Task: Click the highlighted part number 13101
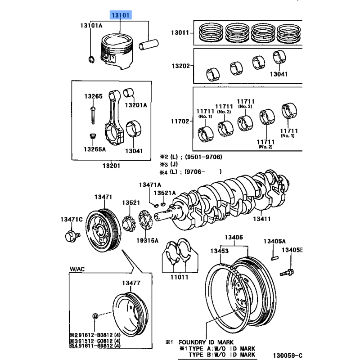click(x=121, y=15)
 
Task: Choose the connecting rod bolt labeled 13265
click(x=93, y=113)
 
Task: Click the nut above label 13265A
click(x=93, y=136)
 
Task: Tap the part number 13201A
click(x=135, y=105)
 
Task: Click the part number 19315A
click(x=148, y=241)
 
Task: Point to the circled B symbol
click(x=95, y=316)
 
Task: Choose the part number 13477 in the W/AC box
click(x=131, y=283)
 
